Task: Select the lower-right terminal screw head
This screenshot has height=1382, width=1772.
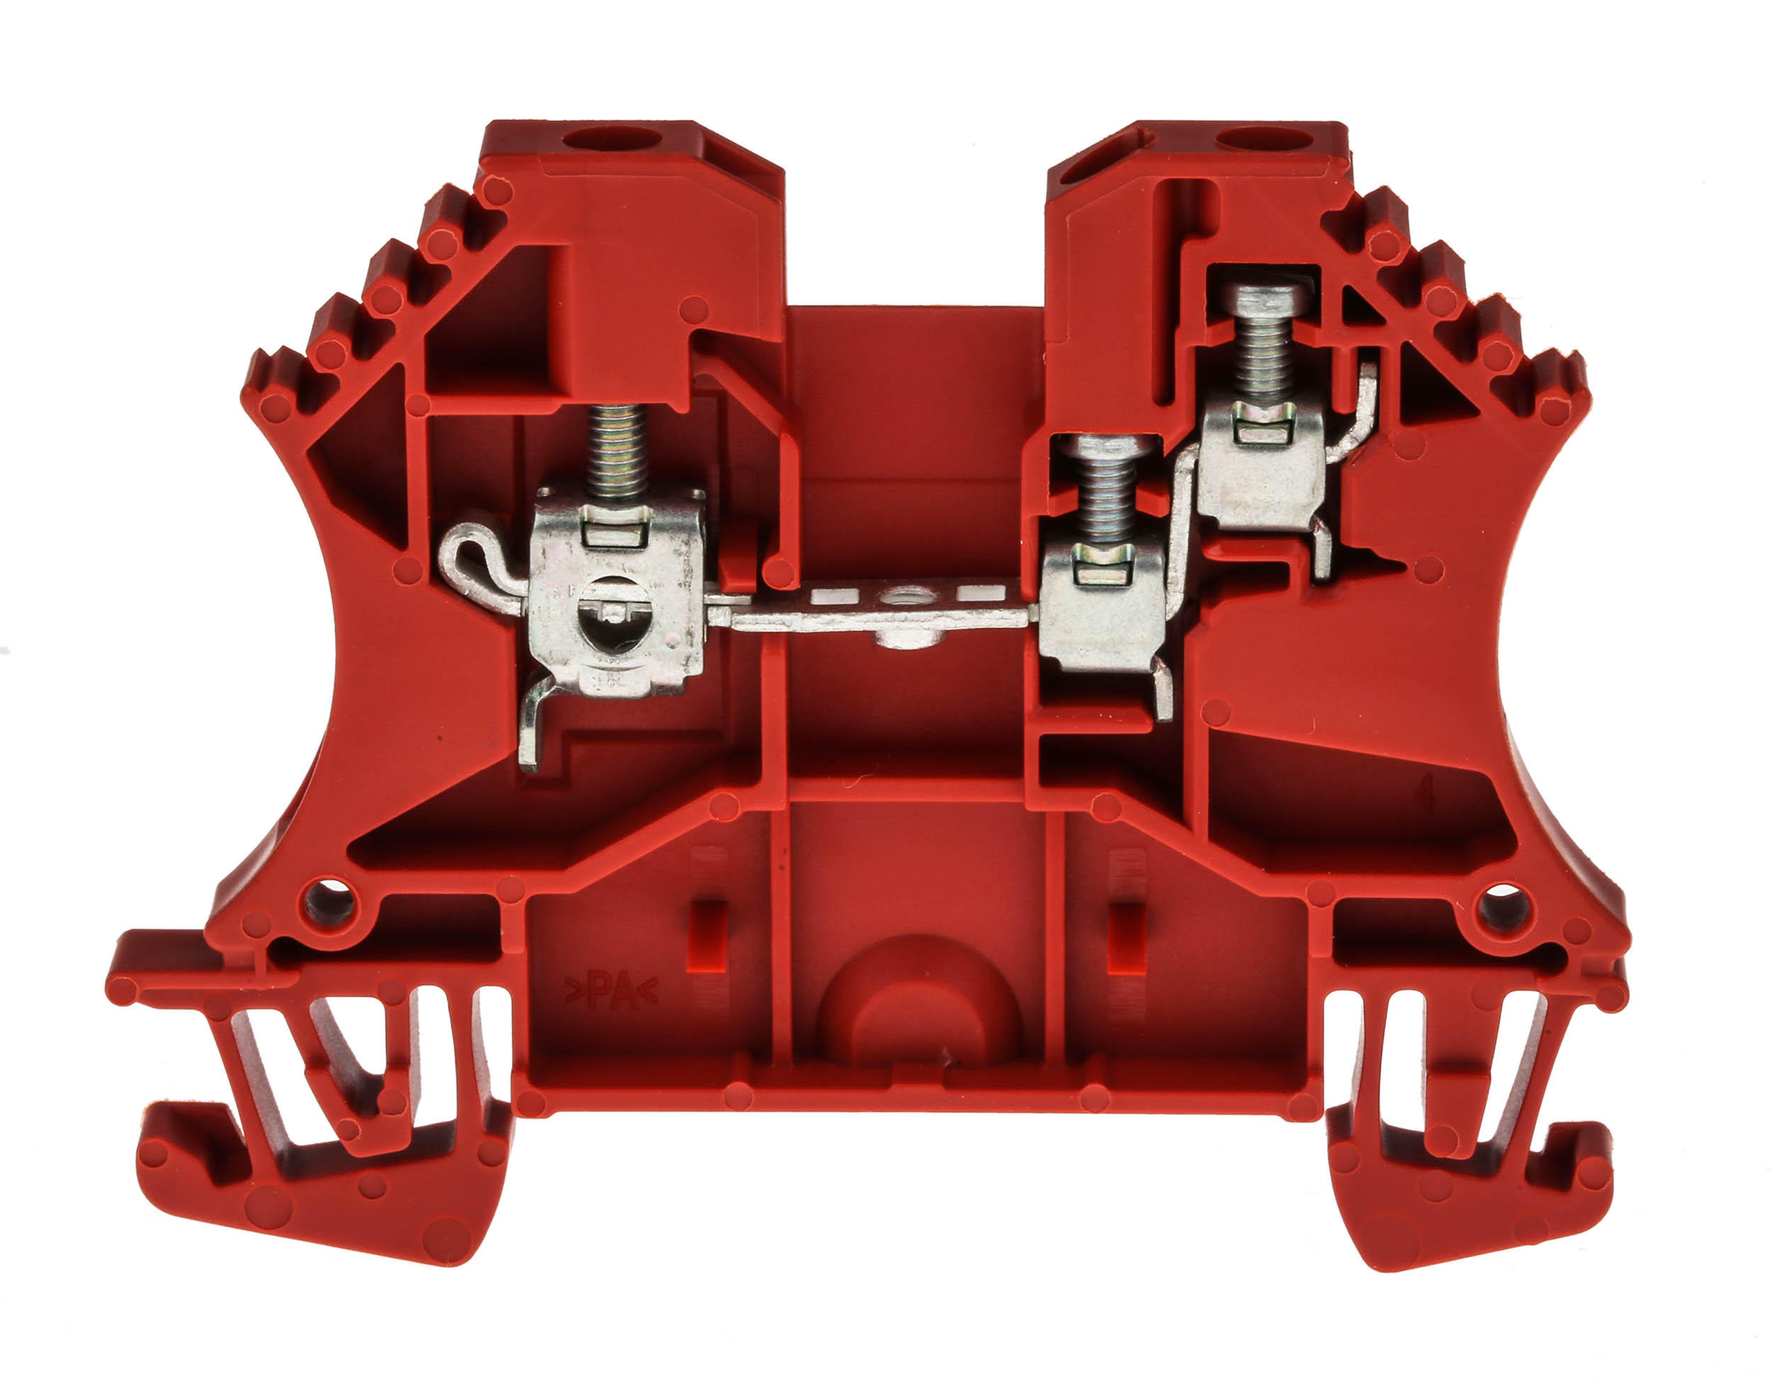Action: coord(1107,448)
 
